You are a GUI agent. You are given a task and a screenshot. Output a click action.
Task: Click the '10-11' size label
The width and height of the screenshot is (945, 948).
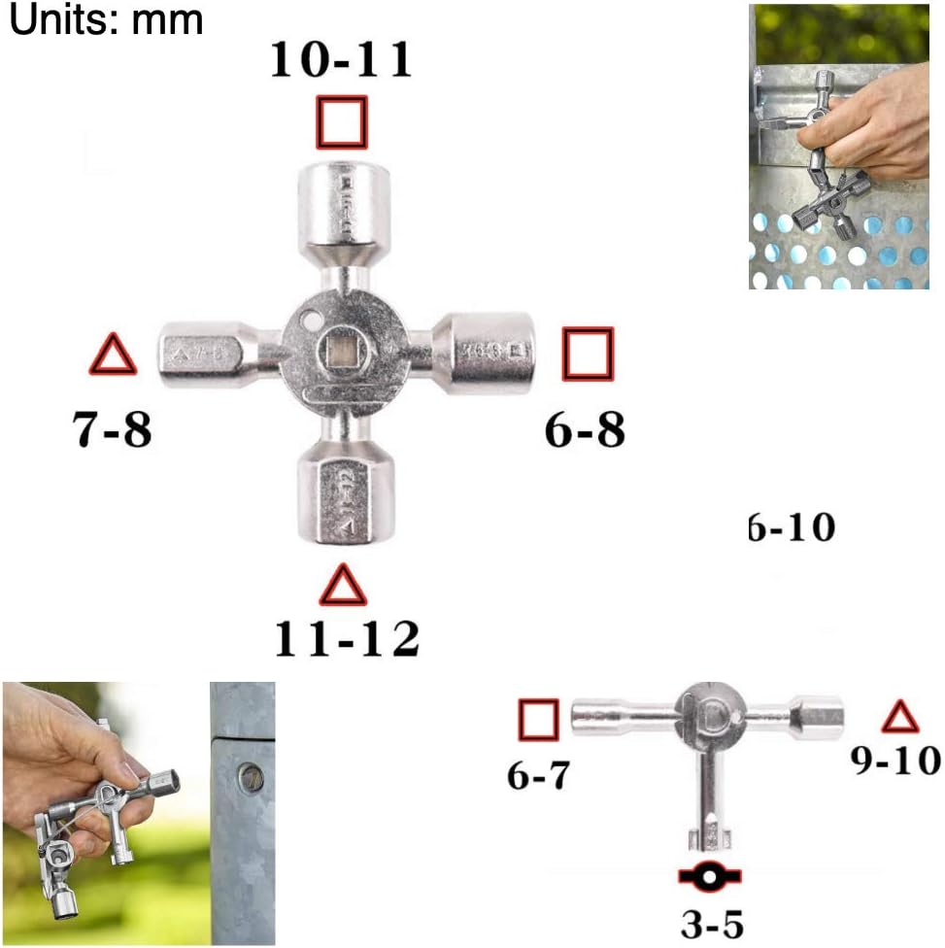[341, 60]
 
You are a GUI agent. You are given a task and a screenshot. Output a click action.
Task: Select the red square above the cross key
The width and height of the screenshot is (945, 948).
[342, 122]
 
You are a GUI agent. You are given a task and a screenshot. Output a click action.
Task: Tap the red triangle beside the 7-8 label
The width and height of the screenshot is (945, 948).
[113, 355]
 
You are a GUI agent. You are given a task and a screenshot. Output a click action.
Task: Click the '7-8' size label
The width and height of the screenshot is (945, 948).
[113, 428]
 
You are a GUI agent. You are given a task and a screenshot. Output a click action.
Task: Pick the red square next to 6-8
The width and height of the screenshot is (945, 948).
[589, 354]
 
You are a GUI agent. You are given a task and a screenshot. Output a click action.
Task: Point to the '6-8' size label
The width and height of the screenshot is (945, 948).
[585, 428]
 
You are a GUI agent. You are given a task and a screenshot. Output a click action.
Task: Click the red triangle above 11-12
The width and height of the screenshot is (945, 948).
[343, 586]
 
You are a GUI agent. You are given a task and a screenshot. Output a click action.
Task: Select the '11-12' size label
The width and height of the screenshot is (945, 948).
[347, 639]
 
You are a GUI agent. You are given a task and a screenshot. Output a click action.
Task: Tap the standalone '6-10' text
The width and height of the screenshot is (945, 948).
[792, 528]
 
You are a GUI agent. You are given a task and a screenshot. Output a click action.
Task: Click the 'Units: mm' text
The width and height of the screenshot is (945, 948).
[106, 19]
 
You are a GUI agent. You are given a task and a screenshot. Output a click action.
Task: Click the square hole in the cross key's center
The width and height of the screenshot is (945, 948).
[342, 353]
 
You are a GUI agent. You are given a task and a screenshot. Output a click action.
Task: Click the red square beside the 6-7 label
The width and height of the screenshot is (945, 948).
[538, 720]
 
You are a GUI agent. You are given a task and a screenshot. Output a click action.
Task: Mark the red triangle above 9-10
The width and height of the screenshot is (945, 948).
[899, 718]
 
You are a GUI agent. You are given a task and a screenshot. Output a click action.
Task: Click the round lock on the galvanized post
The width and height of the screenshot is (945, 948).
[251, 778]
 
